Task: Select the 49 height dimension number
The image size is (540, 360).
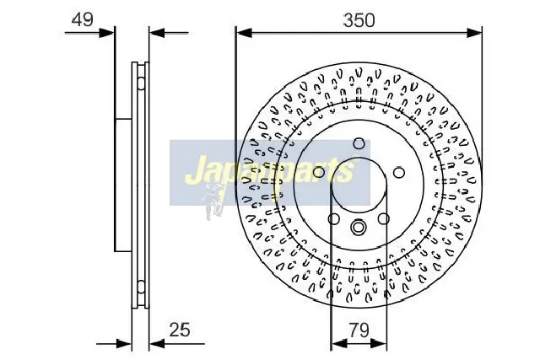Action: coord(82,20)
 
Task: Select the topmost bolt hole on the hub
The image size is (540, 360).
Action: coord(359,143)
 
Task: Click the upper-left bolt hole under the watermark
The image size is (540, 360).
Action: coord(319,172)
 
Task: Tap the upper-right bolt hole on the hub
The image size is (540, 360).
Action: coord(397,172)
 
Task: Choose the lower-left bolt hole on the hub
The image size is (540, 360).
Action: coord(334,219)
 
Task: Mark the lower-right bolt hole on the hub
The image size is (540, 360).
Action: coord(384,219)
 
